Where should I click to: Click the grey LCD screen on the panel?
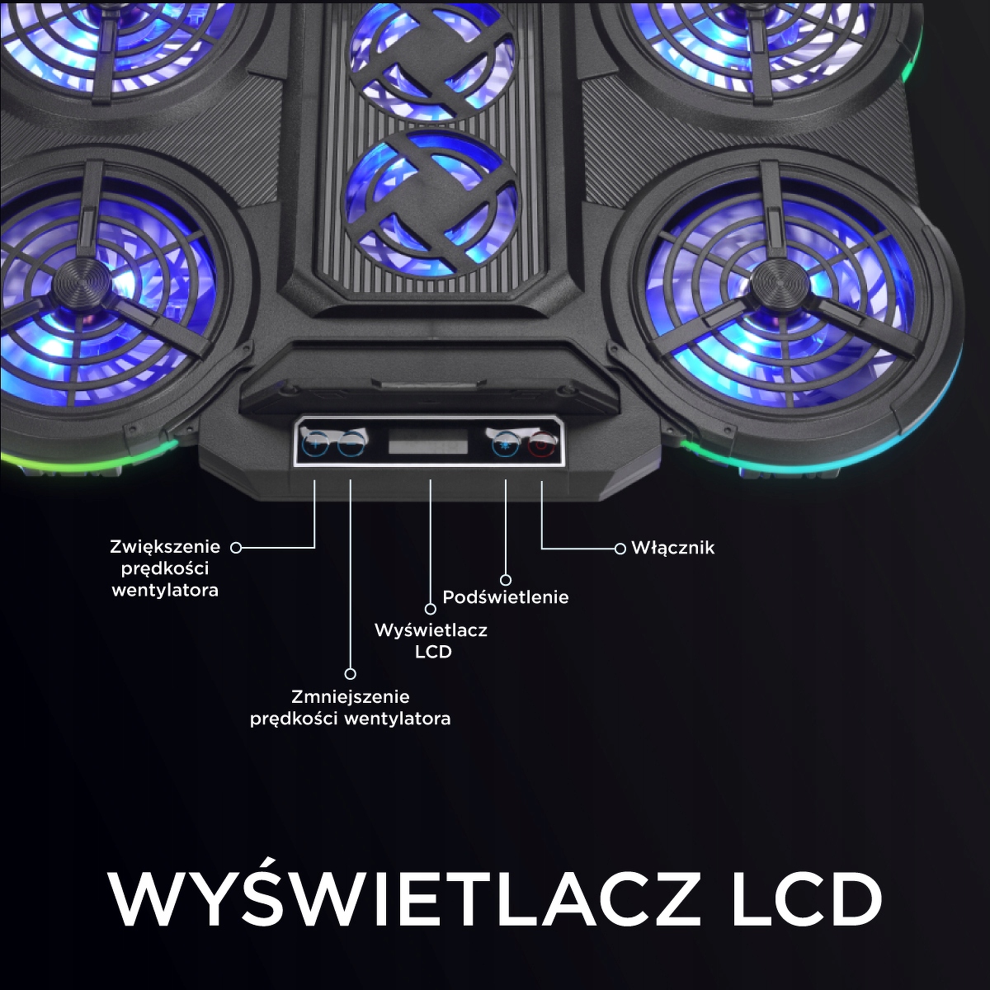[428, 446]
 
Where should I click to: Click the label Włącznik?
[672, 548]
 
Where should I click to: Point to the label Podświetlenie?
[506, 597]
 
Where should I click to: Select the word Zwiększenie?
[166, 547]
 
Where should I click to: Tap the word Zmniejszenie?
[351, 697]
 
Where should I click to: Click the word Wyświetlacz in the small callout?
[431, 630]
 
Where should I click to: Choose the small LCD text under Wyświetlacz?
[433, 652]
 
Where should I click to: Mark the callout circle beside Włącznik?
[620, 548]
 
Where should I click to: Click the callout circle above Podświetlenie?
[506, 580]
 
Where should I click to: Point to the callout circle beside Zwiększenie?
[235, 547]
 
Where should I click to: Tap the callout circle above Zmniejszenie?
[351, 673]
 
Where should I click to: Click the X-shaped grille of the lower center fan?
[431, 202]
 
